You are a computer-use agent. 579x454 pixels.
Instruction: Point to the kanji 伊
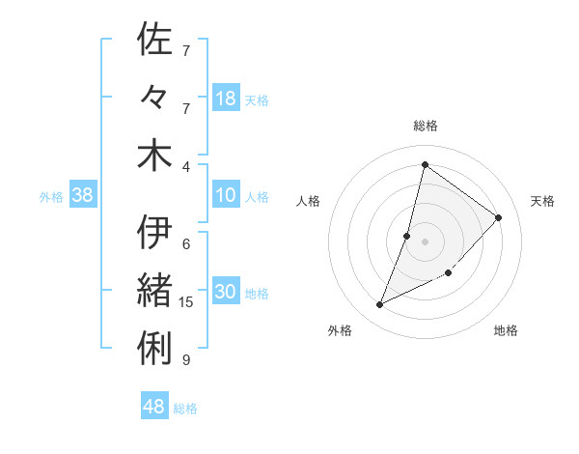(x=155, y=233)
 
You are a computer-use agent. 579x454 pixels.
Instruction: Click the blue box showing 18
(x=226, y=99)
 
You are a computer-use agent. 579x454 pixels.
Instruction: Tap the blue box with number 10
(x=226, y=196)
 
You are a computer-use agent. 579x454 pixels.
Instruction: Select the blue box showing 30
(x=226, y=293)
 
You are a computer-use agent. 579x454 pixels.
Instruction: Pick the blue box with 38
(x=83, y=196)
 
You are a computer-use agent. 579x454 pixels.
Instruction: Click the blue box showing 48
(x=154, y=407)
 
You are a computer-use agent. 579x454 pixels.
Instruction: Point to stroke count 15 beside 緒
(x=186, y=302)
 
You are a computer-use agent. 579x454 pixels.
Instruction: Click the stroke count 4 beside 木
(x=186, y=165)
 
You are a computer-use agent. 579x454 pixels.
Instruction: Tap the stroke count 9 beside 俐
(x=186, y=360)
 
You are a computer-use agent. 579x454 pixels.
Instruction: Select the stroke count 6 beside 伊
(x=186, y=243)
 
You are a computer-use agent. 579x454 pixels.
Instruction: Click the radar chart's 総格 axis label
(x=425, y=126)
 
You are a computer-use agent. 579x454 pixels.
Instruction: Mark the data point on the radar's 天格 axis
(x=498, y=217)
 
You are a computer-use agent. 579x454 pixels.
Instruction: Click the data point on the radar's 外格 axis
(x=380, y=305)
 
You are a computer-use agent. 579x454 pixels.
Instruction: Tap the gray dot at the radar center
(x=425, y=241)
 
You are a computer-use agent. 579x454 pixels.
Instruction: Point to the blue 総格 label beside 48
(x=185, y=409)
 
